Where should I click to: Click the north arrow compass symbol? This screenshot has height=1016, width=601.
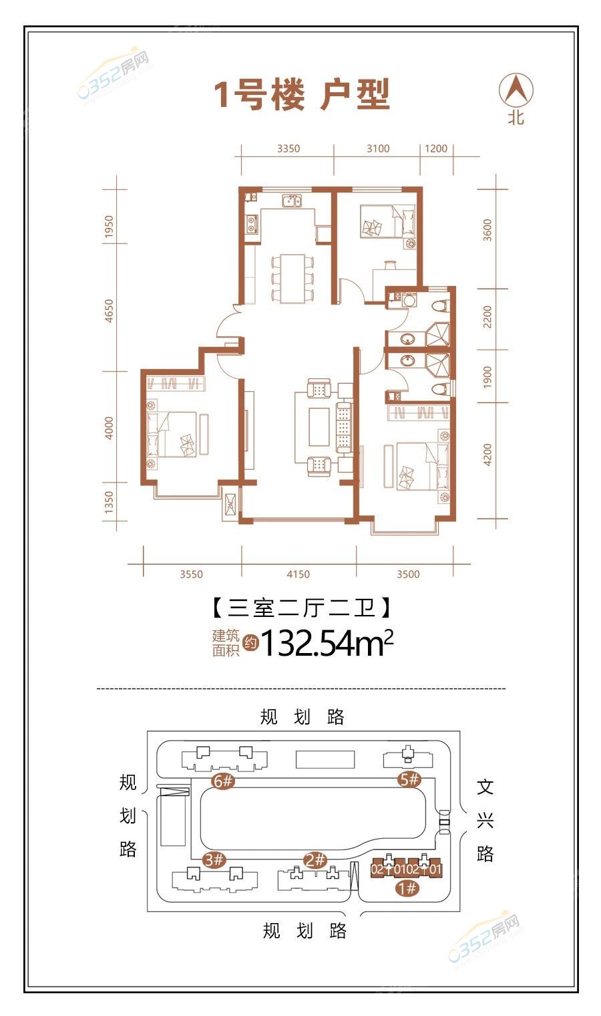(516, 90)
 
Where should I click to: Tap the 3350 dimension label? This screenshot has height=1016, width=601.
(288, 149)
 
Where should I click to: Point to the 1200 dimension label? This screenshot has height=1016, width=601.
(436, 149)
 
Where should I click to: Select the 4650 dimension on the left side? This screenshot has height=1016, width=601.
(109, 311)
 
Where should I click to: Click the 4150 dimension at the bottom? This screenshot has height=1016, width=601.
(298, 574)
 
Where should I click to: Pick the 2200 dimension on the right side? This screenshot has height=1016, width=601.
(487, 317)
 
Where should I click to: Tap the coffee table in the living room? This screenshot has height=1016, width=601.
(320, 427)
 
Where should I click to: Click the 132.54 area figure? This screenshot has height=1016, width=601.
(309, 643)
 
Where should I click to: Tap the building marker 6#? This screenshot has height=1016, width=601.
(223, 781)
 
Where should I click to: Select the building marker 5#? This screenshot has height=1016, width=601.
(409, 779)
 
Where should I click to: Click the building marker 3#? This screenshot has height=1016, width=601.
(214, 860)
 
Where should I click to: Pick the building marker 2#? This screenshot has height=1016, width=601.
(315, 860)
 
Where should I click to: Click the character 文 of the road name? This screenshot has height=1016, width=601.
(485, 787)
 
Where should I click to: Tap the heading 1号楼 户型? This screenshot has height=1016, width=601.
(301, 94)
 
